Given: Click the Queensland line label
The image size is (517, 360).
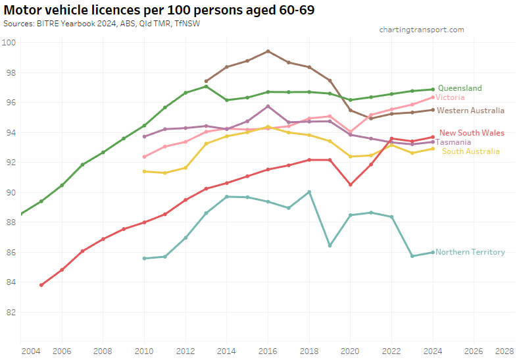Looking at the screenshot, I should [460, 88].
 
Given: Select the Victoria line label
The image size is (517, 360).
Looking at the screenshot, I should [450, 97].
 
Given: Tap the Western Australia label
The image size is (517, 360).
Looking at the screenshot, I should [470, 111].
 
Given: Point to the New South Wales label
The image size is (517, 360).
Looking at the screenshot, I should [472, 133].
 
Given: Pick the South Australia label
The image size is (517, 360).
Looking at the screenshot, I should [470, 151].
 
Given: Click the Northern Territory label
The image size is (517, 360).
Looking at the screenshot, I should [470, 252].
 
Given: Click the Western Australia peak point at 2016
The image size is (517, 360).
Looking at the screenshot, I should [268, 51].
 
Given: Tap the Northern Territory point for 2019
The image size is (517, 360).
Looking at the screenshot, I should [330, 245].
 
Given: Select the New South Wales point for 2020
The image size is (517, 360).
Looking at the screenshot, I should [350, 184].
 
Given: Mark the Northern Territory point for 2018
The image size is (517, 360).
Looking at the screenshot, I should [309, 192].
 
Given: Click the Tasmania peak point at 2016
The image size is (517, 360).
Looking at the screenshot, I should [268, 106].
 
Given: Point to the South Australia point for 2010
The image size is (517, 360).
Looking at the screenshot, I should [144, 171].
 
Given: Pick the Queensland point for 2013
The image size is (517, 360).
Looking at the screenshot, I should [206, 86].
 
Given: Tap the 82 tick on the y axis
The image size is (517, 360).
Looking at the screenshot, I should [10, 312].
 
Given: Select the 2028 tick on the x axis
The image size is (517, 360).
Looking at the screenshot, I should [505, 351].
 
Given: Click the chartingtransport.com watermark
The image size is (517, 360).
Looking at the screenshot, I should [422, 30].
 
